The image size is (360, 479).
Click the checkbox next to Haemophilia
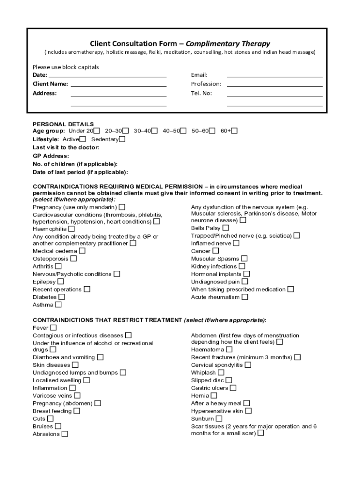coord(71,229)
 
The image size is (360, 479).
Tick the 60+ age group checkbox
coord(234,131)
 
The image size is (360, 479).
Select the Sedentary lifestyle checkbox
coord(122,139)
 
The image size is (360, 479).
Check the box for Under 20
coord(97,131)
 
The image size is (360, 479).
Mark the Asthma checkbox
coord(58,305)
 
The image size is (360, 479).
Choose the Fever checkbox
coord(53,328)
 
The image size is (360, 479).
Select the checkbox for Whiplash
coord(221,373)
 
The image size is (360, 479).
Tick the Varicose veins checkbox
coord(77,396)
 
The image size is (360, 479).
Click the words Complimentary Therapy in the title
coord(228,44)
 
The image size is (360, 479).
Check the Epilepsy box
coord(60,282)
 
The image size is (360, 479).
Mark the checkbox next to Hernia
coord(214,396)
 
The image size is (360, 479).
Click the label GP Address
coord(50,156)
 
